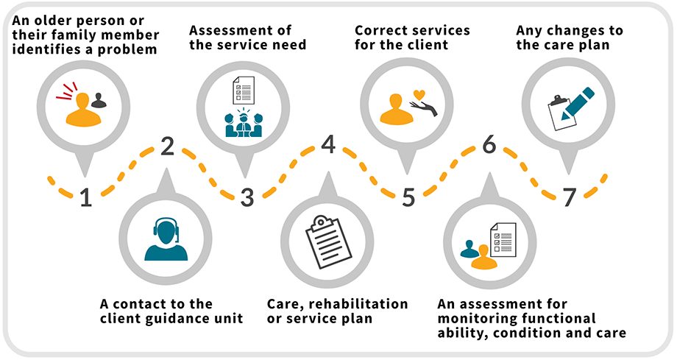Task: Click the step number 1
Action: [86, 197]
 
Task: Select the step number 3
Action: [247, 197]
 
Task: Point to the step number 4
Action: [328, 146]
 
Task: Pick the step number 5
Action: [409, 197]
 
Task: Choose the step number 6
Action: [489, 146]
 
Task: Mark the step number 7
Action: [570, 197]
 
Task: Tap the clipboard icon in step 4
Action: [327, 241]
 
